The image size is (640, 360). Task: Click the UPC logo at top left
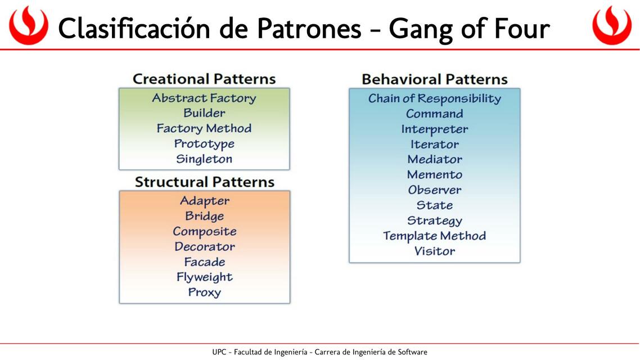point(28,26)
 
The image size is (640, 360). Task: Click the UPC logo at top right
point(611,26)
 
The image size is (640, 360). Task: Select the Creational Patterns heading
point(204,79)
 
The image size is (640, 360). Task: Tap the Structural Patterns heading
point(205,182)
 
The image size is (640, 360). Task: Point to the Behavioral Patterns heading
point(434,79)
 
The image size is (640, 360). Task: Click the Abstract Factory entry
point(204,98)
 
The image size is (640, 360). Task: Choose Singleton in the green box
point(204,159)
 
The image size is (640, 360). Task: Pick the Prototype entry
point(204,144)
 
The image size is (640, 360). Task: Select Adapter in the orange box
point(205,201)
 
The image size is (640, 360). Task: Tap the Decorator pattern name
point(205,246)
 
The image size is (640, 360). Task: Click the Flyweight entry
point(205,277)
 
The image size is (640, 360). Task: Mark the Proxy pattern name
point(205,292)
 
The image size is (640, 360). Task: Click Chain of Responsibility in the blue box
point(434,98)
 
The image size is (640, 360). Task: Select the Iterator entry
point(434,145)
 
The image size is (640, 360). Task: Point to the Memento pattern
point(434,175)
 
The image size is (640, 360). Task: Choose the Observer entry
point(434,190)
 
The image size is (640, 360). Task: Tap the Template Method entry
point(434,236)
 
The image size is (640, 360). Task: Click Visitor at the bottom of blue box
point(434,251)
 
